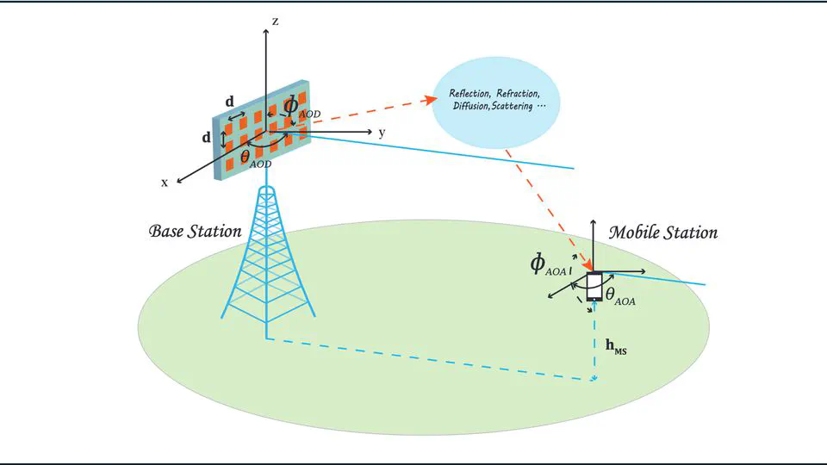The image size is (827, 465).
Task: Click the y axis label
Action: [x=381, y=133]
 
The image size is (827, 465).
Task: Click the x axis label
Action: [x=164, y=183]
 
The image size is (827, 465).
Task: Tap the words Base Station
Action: [x=195, y=232]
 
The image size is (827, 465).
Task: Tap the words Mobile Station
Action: [x=662, y=232]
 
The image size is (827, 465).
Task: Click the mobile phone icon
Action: [x=594, y=287]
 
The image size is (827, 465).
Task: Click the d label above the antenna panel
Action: [x=229, y=102]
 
